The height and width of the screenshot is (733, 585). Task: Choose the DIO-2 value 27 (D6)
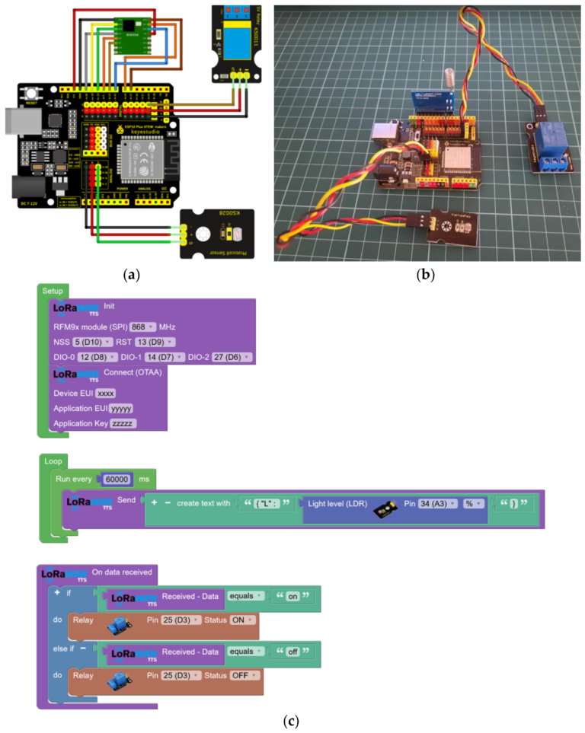(232, 357)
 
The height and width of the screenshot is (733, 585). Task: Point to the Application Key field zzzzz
(123, 423)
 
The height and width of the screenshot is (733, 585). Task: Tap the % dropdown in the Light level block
(474, 503)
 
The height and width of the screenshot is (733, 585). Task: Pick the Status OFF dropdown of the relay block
(245, 675)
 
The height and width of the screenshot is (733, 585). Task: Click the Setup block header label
(53, 291)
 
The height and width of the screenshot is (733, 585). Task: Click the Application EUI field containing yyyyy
(122, 409)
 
